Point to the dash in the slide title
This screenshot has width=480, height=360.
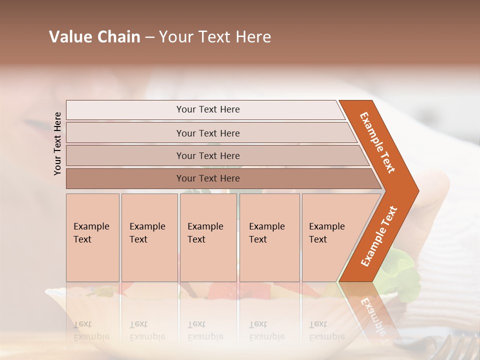point(149,37)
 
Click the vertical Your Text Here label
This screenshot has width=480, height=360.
point(57,143)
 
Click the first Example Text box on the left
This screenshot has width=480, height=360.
point(92,237)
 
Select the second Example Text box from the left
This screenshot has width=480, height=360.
point(149,237)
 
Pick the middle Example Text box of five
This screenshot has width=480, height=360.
point(208,237)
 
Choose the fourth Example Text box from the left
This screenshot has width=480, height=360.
point(269,237)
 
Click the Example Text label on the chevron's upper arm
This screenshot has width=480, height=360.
point(377,142)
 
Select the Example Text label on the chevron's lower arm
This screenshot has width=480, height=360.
point(379,236)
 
